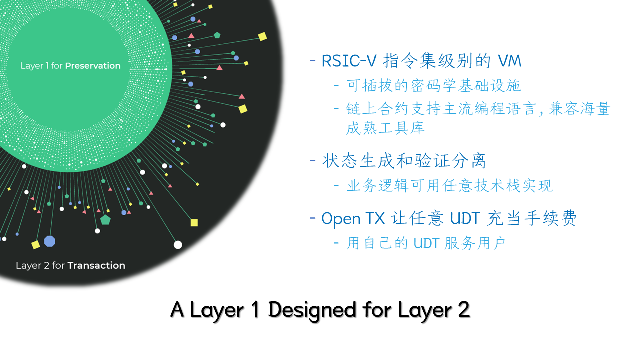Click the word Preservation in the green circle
pos(93,66)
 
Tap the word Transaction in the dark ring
pos(96,265)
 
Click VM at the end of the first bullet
pos(509,61)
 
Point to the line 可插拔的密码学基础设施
pos(434,86)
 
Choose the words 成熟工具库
pos(385,128)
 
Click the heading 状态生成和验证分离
pos(404,161)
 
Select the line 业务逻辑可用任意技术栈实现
pos(450,186)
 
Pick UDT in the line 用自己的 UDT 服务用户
pos(426,243)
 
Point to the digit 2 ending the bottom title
pos(464,310)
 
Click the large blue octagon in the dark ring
pos(49,241)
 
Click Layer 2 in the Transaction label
pos(32,265)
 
